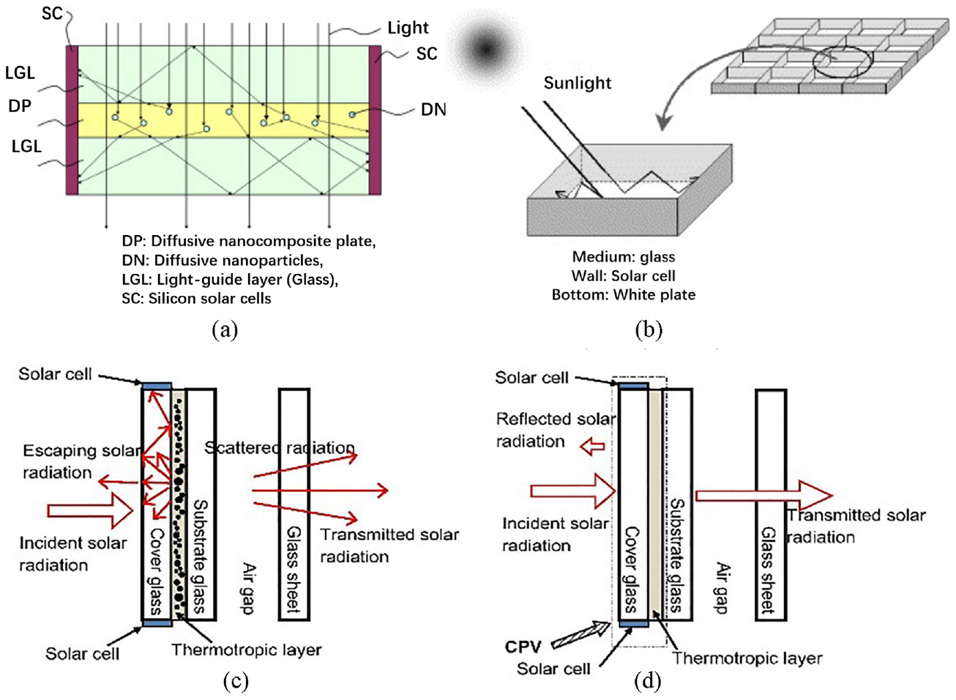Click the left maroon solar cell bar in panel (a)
pos(72,120)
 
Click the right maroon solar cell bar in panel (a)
pos(375,120)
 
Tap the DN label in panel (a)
pos(433,110)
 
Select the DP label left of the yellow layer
pos(20,106)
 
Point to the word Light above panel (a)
pos(408,28)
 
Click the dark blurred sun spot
pos(485,50)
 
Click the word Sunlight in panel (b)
pos(577,83)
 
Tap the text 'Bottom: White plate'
pos(624,294)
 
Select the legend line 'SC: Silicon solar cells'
pos(196,298)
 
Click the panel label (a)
pos(225,329)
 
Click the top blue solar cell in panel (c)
pos(157,387)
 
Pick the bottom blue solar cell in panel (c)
pos(157,623)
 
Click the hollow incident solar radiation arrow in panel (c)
pos(90,510)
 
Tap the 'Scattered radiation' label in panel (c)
pos(280,447)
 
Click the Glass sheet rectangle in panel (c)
pos(294,504)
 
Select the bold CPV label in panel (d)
pos(523,647)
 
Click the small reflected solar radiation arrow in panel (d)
pos(592,447)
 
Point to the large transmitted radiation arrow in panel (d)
pos(764,496)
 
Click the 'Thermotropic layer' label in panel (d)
pos(747,658)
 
